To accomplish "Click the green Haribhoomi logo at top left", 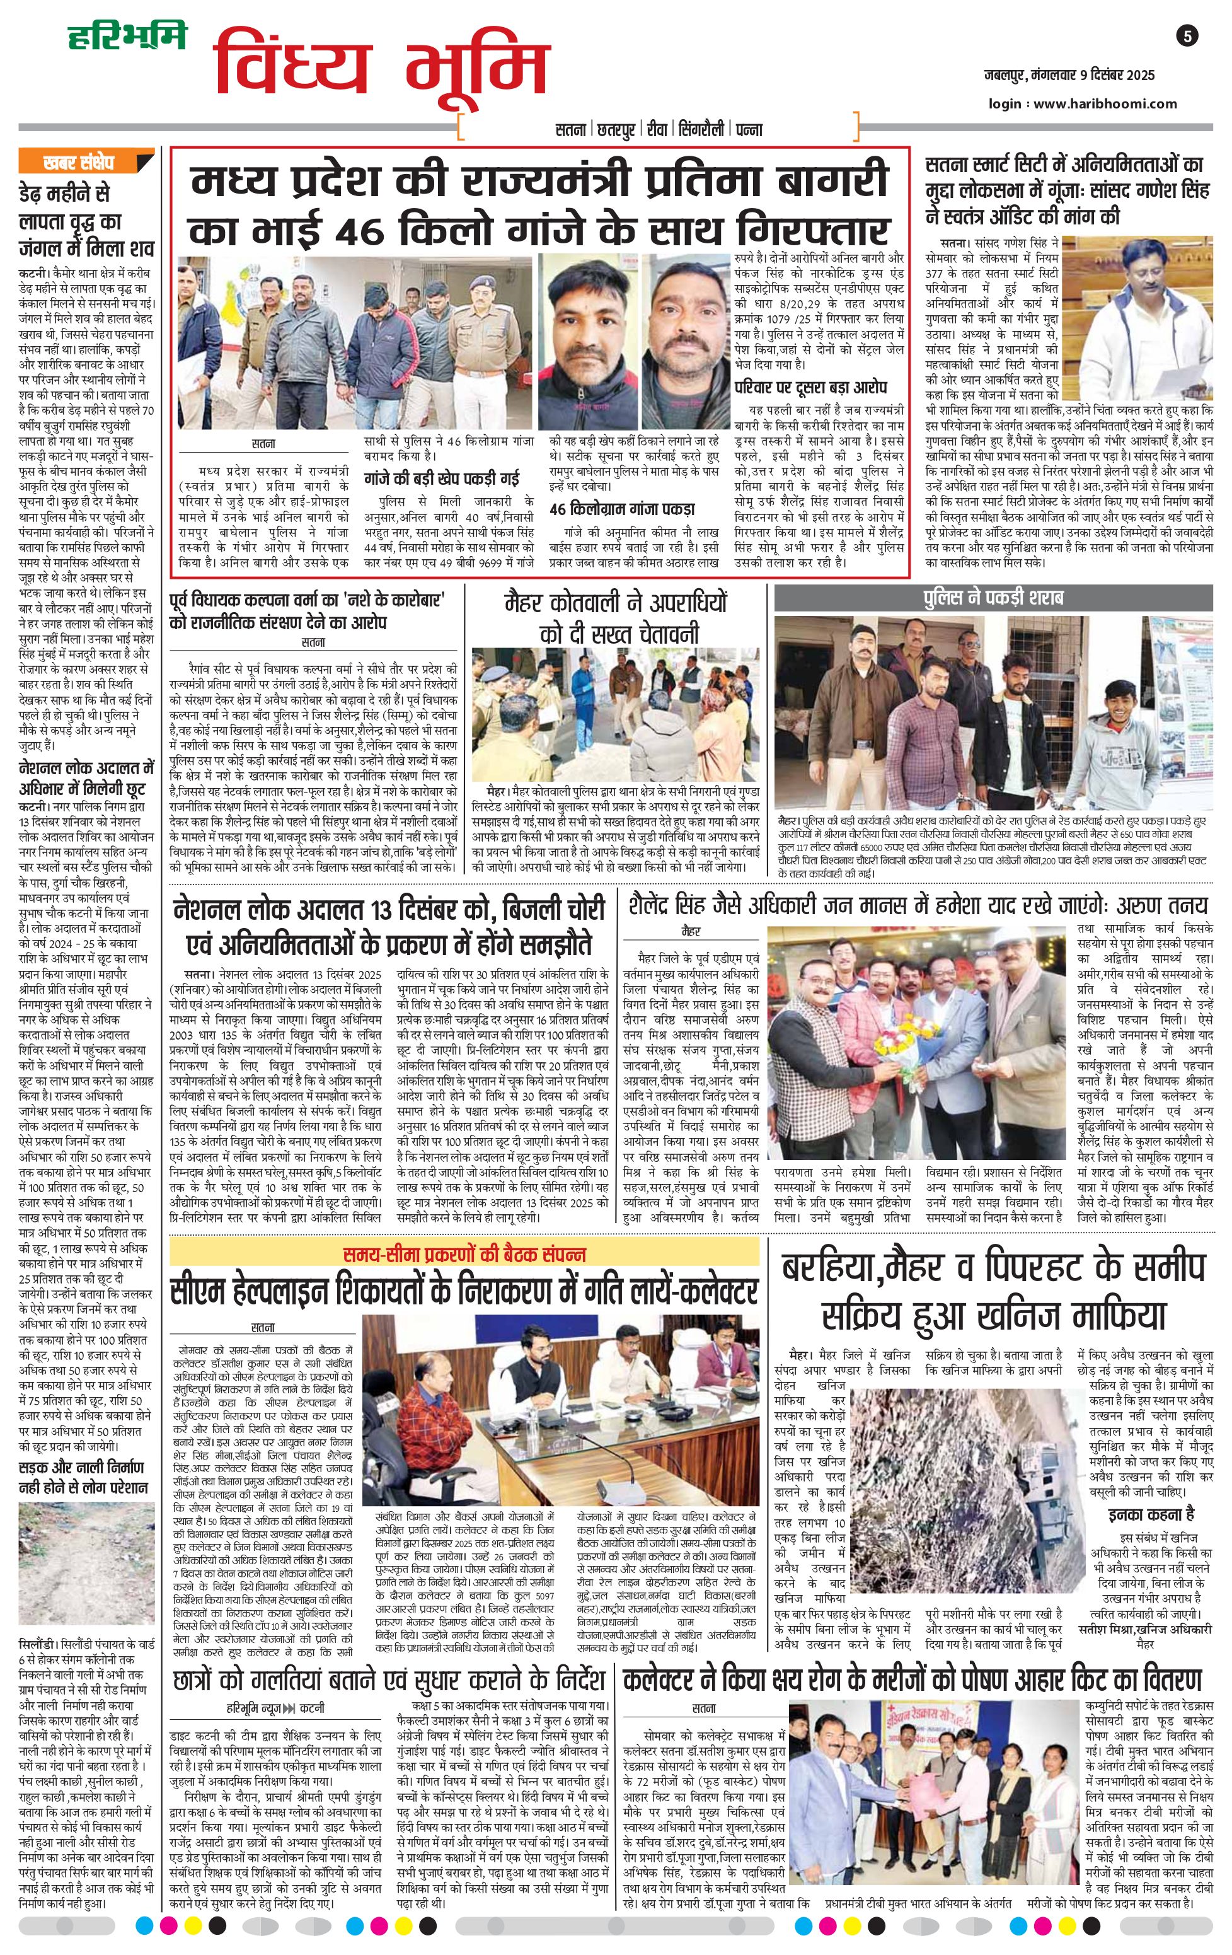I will click(x=127, y=37).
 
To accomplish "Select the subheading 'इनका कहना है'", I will click(x=1151, y=1514).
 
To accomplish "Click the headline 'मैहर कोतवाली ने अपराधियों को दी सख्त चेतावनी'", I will click(x=617, y=618).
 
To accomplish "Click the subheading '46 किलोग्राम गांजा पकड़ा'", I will click(x=622, y=509).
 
